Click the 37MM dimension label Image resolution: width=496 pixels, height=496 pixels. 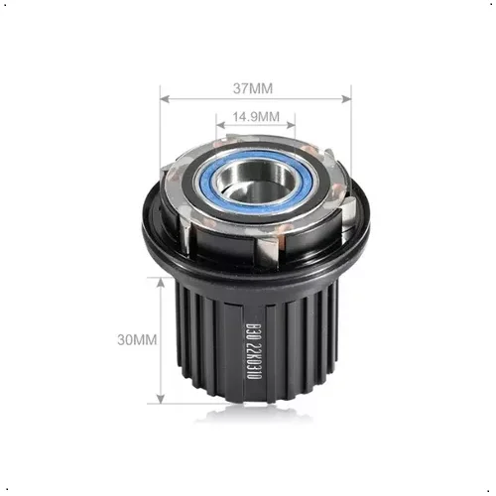(x=255, y=87)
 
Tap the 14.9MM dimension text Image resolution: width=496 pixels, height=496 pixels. (x=255, y=117)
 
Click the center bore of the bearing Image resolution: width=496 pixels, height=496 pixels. (x=256, y=178)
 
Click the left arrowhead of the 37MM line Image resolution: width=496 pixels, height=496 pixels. (x=164, y=98)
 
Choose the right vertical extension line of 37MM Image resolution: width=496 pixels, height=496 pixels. (x=350, y=129)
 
